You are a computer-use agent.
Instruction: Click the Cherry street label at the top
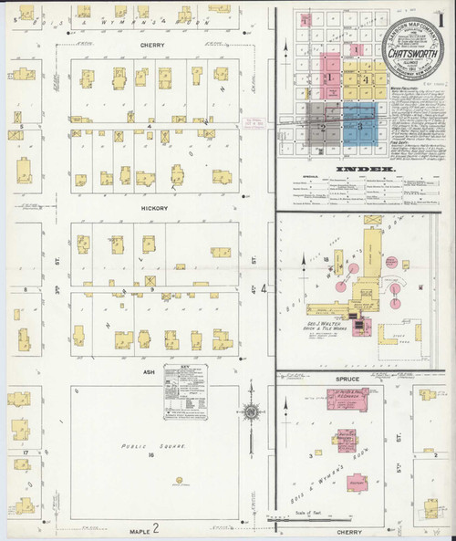(151, 42)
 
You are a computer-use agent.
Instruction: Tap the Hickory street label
(154, 209)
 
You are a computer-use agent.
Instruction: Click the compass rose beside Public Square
(251, 412)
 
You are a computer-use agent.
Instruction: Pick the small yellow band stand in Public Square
(179, 481)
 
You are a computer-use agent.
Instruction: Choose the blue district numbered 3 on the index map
(360, 124)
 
